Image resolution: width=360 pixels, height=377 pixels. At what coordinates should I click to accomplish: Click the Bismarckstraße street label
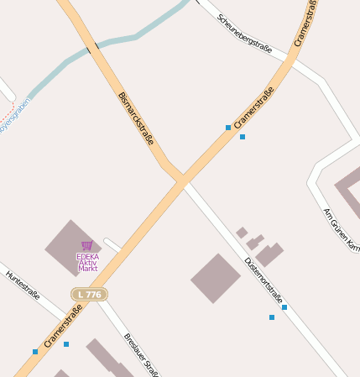136,118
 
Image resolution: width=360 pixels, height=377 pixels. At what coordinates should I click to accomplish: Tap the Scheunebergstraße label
244,34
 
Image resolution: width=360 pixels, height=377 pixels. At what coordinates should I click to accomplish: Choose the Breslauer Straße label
142,354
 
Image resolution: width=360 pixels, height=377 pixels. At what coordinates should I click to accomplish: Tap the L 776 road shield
89,295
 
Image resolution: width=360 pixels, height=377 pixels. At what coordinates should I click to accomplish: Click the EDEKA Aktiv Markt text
87,262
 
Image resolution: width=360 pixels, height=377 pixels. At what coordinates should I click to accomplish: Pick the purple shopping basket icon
86,245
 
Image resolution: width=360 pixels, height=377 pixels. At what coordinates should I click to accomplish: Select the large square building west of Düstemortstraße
216,278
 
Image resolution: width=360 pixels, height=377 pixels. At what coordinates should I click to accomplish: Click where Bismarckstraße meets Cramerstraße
181,179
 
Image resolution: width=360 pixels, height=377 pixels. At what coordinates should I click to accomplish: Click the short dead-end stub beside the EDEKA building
112,245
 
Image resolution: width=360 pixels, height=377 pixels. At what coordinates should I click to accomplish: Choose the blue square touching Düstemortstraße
284,308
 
